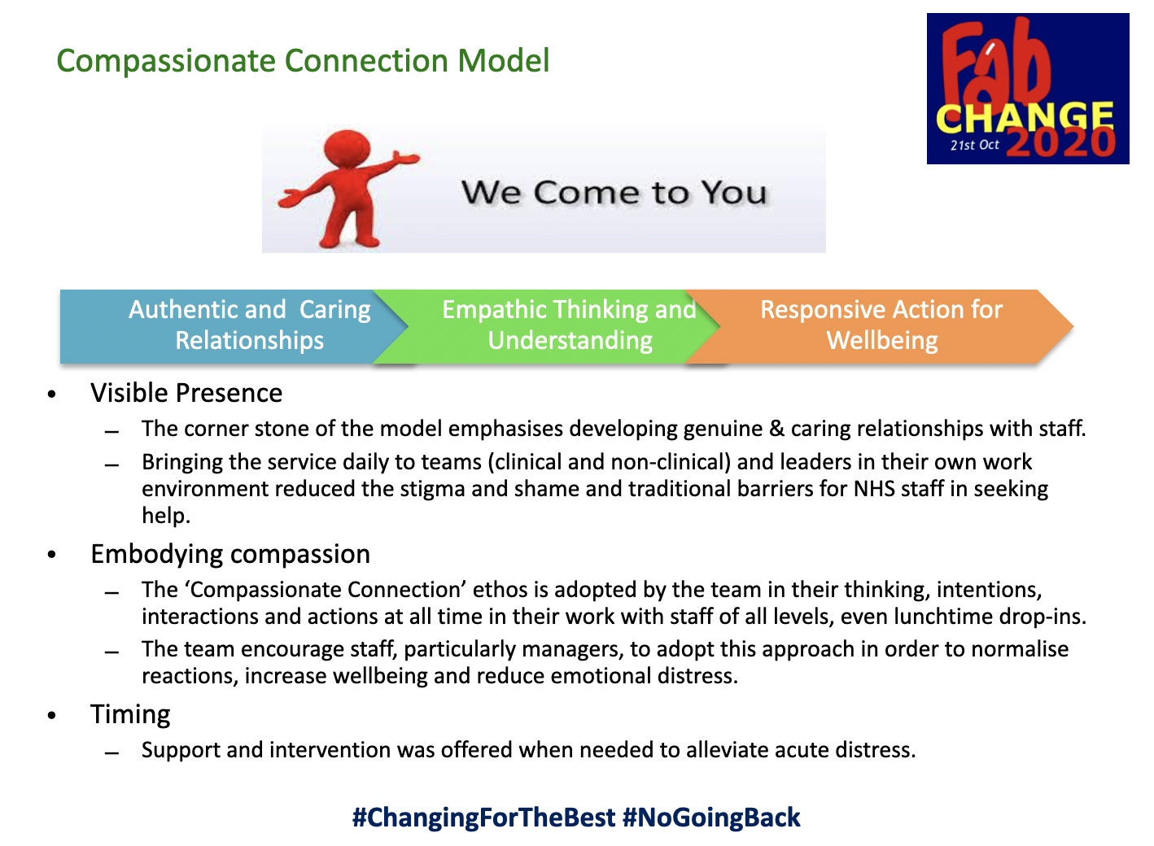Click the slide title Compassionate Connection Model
click(303, 61)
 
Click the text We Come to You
click(614, 194)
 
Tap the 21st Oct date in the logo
click(974, 145)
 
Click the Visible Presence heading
click(186, 393)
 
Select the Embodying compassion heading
click(230, 554)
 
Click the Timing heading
click(130, 714)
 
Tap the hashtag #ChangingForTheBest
click(483, 818)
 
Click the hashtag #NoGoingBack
click(711, 818)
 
